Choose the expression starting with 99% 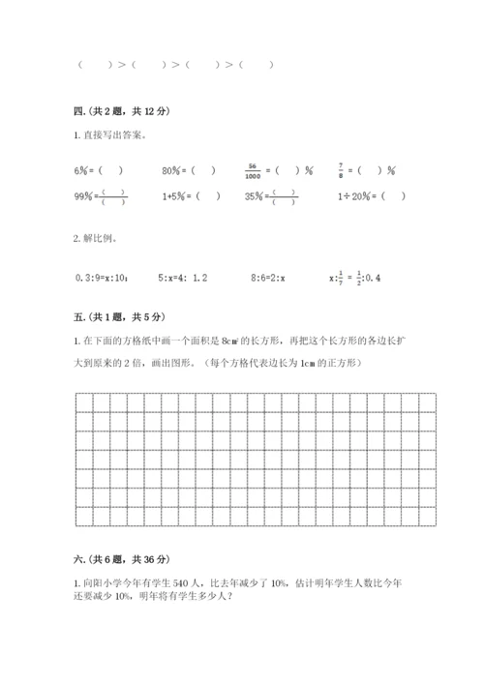pos(100,196)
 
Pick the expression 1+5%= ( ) pos(191,196)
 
